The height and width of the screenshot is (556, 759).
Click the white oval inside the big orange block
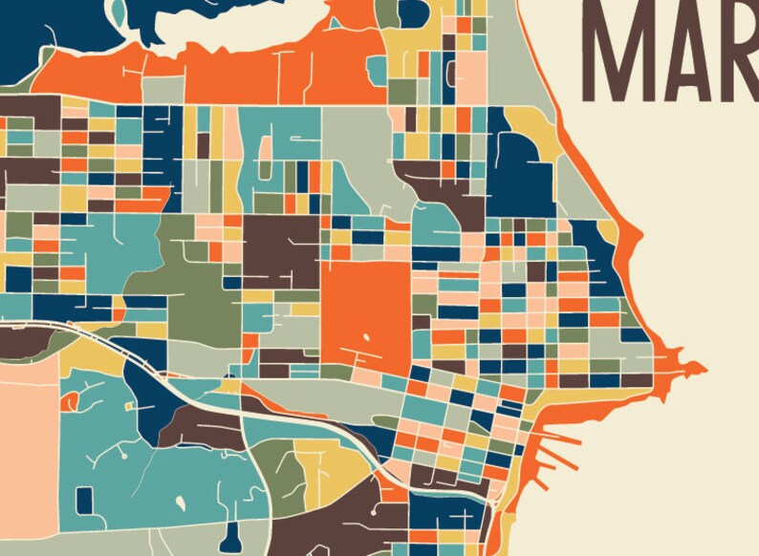click(368, 337)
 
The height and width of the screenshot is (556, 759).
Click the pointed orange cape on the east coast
click(690, 367)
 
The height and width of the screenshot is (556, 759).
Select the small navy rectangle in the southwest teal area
click(84, 499)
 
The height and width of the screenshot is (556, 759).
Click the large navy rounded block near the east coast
click(524, 167)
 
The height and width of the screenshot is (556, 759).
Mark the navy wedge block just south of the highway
click(148, 392)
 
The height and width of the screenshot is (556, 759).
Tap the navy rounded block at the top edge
click(413, 12)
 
